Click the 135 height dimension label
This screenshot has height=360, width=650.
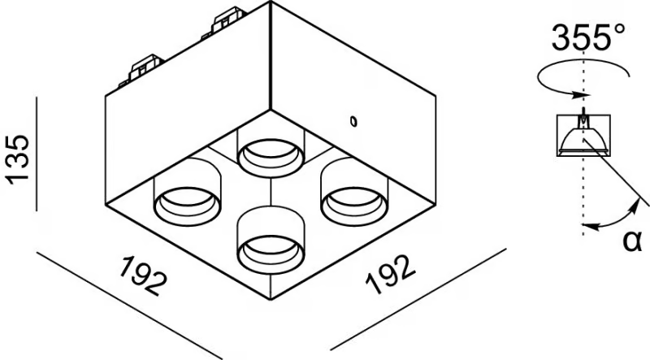click(18, 159)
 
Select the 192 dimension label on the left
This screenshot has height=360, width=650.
click(144, 275)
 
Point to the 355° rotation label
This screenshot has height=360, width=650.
click(587, 37)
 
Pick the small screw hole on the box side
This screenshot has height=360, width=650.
click(353, 122)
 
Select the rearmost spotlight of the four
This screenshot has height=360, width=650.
click(271, 153)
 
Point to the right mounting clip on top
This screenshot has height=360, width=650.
click(227, 23)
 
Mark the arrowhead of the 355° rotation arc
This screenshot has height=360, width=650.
click(583, 95)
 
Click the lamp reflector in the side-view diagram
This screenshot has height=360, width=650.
click(583, 141)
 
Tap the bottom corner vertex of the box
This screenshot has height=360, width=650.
click(271, 299)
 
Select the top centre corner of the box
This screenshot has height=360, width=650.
click(271, 2)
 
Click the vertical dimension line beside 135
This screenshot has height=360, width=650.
click(37, 154)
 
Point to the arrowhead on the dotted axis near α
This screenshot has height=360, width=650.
click(588, 227)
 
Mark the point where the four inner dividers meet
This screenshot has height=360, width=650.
click(271, 178)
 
